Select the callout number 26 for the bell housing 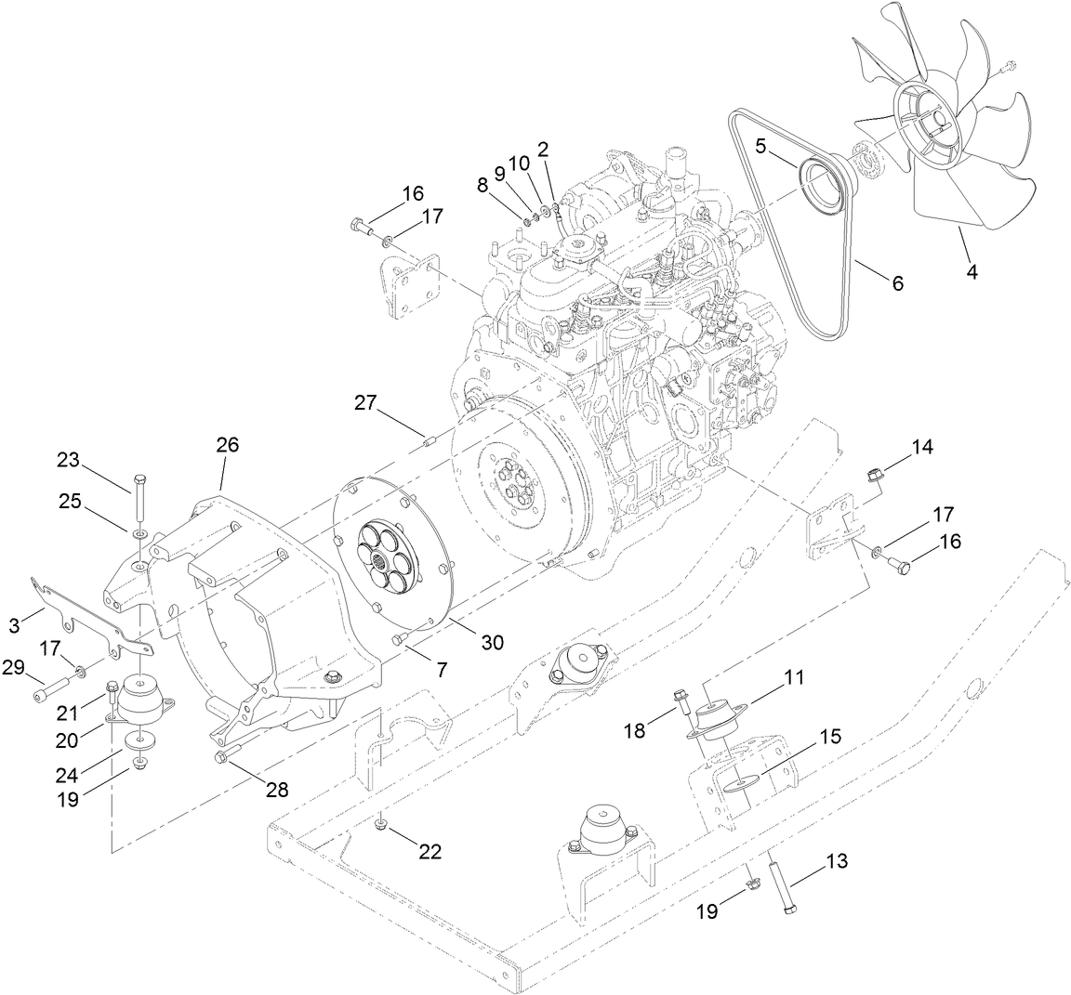click(228, 445)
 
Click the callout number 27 click(365, 402)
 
